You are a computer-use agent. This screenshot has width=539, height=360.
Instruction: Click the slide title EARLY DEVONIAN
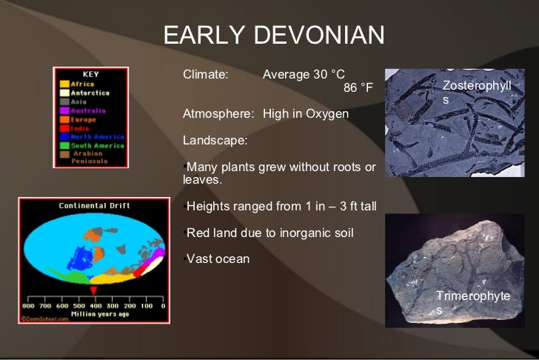coord(274,36)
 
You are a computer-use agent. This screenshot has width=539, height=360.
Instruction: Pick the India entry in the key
coord(80,128)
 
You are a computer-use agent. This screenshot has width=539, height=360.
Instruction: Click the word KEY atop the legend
coord(90,74)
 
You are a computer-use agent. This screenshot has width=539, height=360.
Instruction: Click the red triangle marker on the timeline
coord(93,290)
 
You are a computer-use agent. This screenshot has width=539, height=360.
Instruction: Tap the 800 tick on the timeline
coord(28,305)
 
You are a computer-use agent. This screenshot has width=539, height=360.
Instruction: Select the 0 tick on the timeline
coord(162,305)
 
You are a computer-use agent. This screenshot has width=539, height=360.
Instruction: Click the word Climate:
coord(206,75)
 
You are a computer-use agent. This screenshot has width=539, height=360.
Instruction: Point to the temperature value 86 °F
coord(358,89)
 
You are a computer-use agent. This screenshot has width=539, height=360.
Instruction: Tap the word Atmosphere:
coord(218,114)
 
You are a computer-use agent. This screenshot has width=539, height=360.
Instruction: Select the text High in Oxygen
coord(305,114)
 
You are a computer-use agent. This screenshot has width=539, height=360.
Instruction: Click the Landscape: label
coord(215,140)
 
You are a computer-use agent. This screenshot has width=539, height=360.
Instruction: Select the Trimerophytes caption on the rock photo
coord(472,302)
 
